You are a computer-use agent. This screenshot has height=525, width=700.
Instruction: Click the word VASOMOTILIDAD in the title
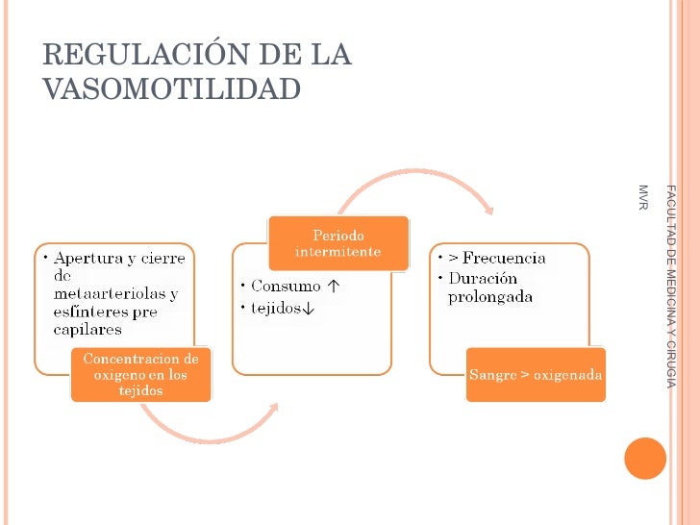pos(172,88)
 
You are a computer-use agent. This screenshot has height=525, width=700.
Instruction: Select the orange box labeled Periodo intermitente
pos(337,243)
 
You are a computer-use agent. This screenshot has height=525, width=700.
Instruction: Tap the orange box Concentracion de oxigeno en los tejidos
pos(140,374)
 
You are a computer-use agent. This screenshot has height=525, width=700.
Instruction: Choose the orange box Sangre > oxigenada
pos(536,374)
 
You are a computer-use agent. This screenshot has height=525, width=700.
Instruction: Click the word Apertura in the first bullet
pos(87,258)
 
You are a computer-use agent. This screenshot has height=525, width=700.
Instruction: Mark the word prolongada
pos(490,296)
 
